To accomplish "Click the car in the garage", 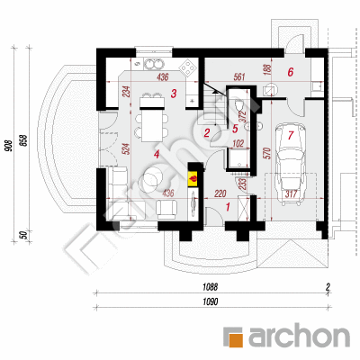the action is [291, 164].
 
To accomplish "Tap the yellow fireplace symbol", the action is [193, 178].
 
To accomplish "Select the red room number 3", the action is [174, 94].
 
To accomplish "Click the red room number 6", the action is [290, 72].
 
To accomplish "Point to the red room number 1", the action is [228, 207].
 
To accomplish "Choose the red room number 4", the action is [156, 154].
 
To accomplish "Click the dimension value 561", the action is [238, 77].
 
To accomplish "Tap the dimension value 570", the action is [268, 153].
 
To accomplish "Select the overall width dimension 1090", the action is [210, 301].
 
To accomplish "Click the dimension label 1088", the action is [210, 287].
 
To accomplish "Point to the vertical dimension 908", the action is [9, 146].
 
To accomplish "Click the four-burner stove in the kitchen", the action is [187, 67].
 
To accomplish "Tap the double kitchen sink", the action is [154, 64].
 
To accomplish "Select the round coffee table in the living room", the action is [153, 179].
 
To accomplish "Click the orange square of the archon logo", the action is [232, 337].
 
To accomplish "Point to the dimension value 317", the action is [291, 193].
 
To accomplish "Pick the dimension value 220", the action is [220, 193].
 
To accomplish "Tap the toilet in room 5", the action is [239, 106].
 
